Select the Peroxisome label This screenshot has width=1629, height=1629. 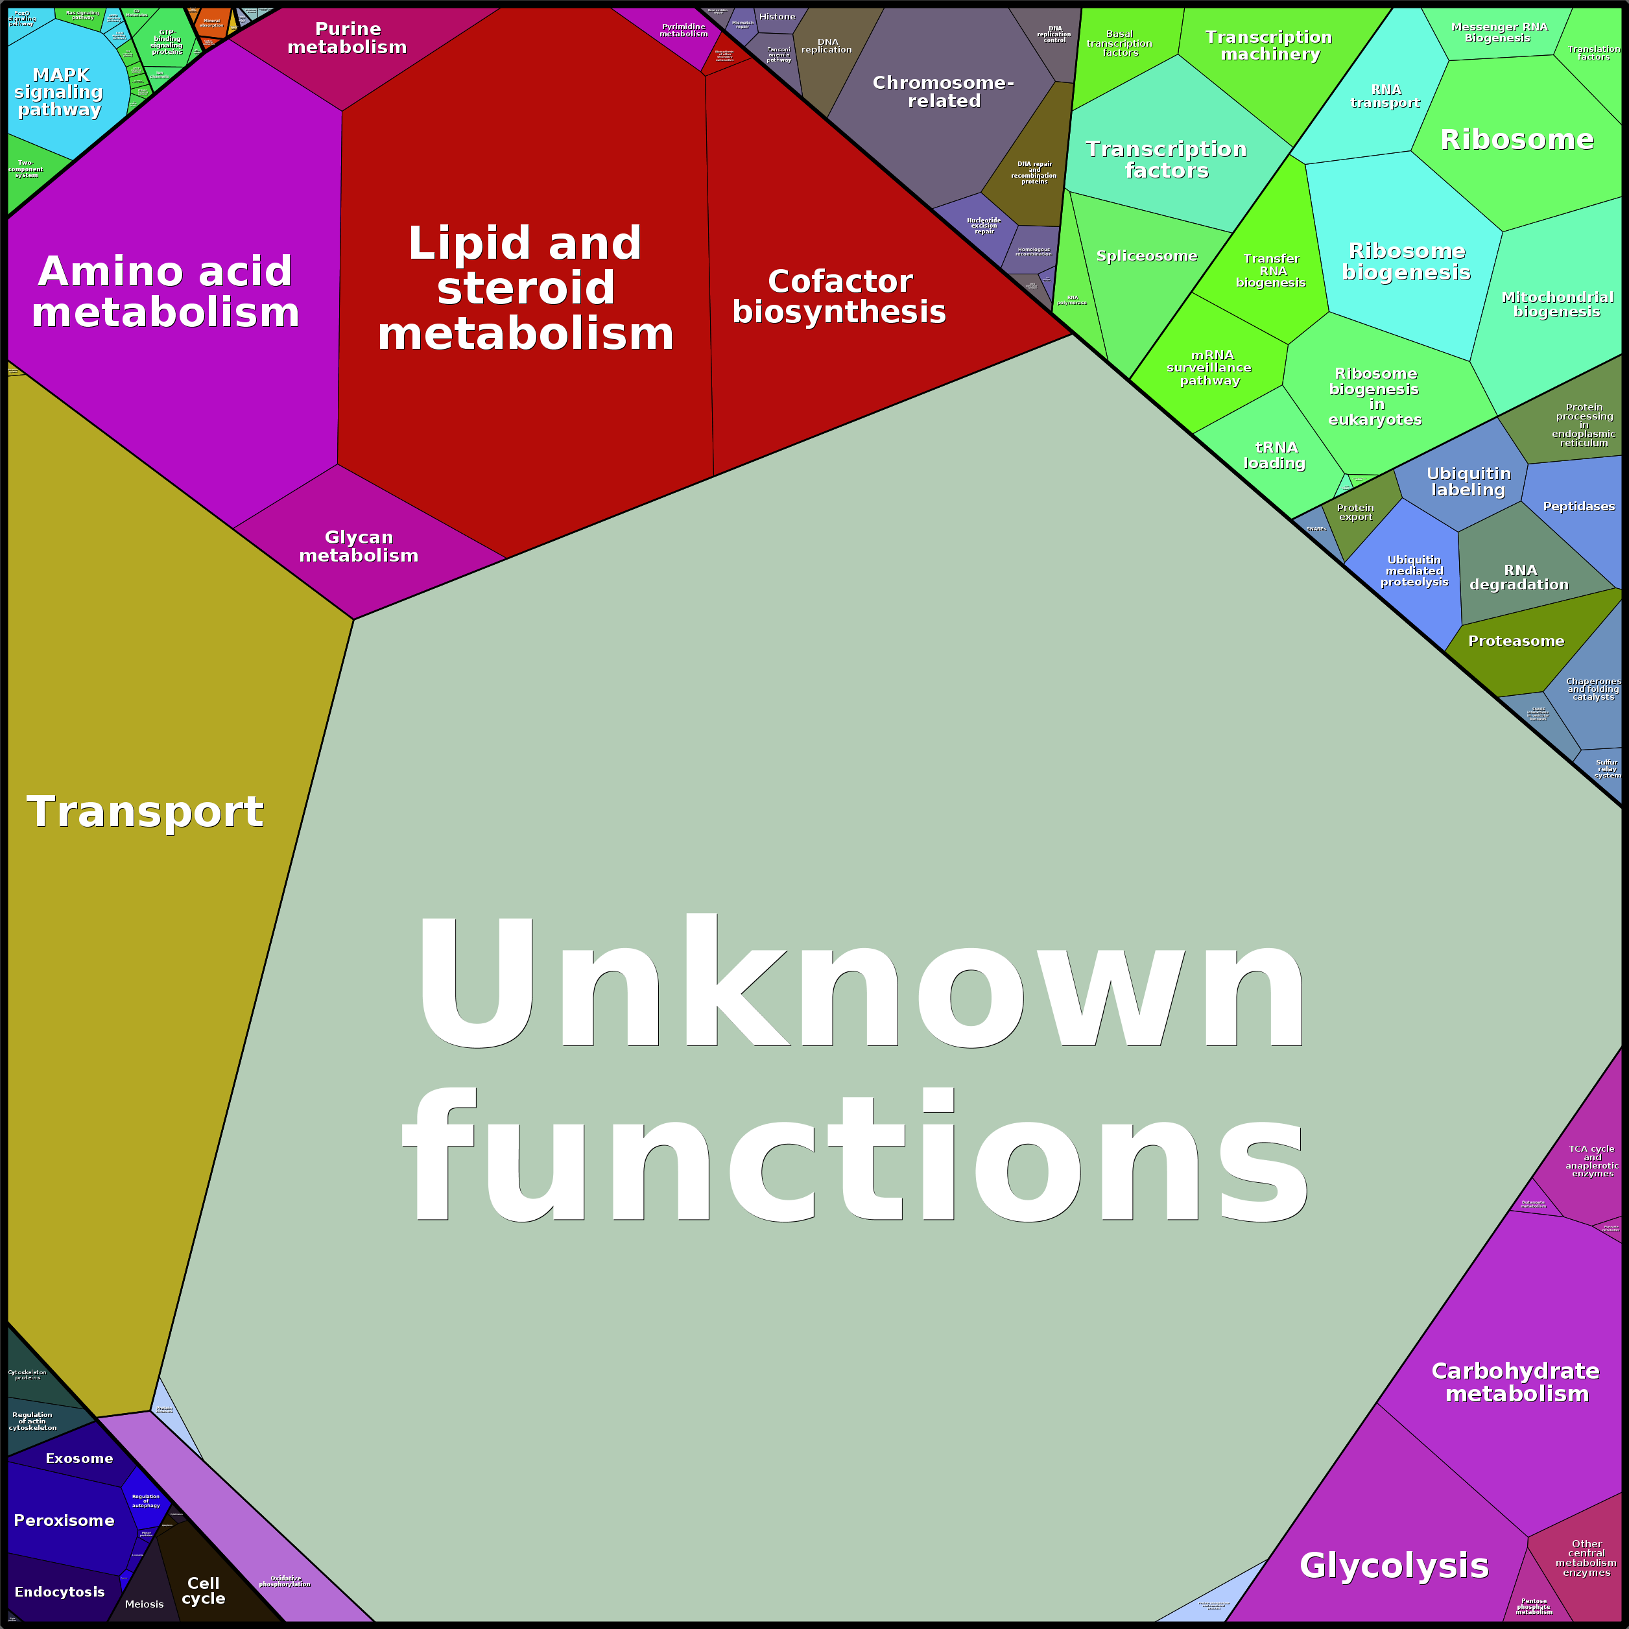tap(64, 1520)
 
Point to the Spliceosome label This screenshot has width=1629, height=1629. tap(1147, 256)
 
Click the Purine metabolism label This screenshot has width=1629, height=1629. tap(348, 38)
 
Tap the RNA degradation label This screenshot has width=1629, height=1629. tap(1519, 578)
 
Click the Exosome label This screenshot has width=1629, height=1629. tap(79, 1458)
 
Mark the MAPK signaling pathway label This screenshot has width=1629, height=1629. tap(59, 92)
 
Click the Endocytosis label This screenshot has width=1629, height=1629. tap(60, 1591)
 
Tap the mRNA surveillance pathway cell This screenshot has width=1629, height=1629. tap(1210, 368)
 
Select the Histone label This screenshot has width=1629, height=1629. tap(776, 17)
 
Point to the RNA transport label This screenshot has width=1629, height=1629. tap(1385, 96)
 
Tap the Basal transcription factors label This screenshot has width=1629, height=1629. tap(1120, 43)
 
